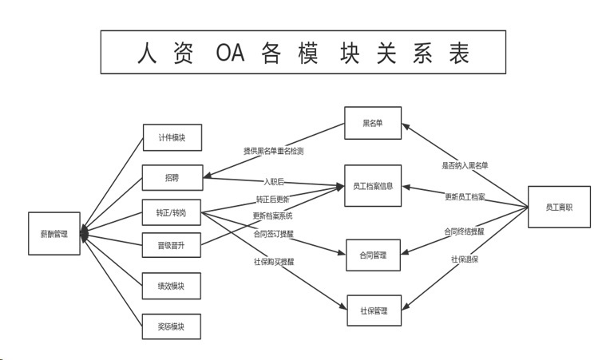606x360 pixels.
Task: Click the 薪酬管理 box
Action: click(x=54, y=234)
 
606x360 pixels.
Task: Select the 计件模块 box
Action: click(x=172, y=137)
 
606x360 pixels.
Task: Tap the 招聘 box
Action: click(x=172, y=177)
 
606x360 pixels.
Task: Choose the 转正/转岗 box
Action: click(x=172, y=213)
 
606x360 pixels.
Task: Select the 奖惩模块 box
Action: click(x=172, y=326)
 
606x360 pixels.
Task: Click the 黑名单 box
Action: click(x=373, y=124)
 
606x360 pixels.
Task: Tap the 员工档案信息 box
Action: click(x=373, y=186)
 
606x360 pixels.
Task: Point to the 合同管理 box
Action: click(x=373, y=255)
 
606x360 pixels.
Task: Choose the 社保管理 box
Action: click(x=373, y=311)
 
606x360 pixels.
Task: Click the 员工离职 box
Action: click(x=559, y=207)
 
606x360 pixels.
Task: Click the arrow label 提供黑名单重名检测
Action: click(x=273, y=150)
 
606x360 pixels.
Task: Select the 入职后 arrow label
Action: click(x=275, y=182)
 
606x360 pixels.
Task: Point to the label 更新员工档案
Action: click(x=465, y=196)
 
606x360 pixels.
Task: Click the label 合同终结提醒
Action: click(x=465, y=231)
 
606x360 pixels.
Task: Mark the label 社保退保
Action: click(x=465, y=259)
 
